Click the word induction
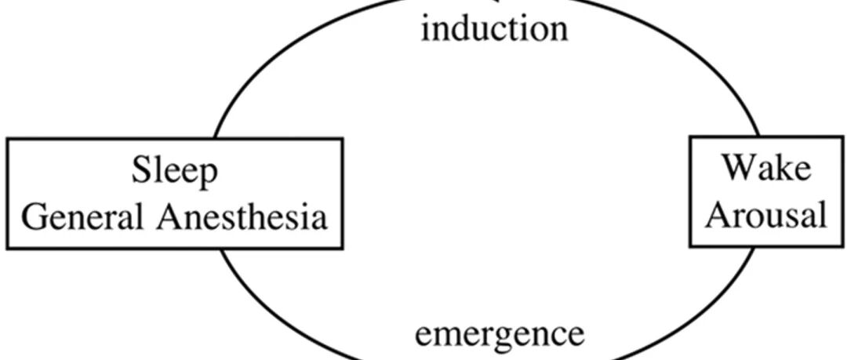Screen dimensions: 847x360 pos(494,28)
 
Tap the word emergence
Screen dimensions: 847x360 pos(499,335)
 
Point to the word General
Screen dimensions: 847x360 pos(83,216)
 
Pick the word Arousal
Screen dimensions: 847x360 pos(766,215)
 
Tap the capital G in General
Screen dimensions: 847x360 pos(35,216)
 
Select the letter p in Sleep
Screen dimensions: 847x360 pos(208,176)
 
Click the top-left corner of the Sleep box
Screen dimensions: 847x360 pos(8,139)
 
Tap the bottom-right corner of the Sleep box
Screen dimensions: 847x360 pos(342,248)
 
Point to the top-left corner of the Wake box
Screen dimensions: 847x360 pos(690,137)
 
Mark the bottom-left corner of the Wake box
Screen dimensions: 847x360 pos(690,246)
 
